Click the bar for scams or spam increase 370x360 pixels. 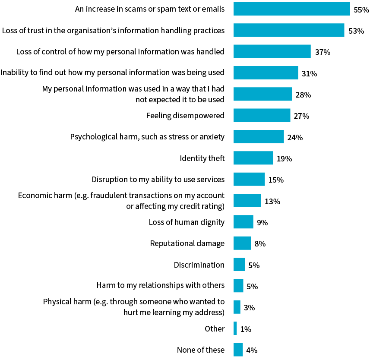pos(291,9)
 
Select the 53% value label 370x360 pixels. pos(357,31)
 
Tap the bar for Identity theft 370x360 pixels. pos(253,158)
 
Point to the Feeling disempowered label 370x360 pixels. pos(185,116)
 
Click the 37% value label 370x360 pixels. pos(323,52)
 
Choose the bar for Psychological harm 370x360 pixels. pos(258,137)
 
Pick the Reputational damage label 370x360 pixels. pos(187,243)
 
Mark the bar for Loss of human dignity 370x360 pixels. pos(243,222)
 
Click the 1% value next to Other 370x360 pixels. pos(246,329)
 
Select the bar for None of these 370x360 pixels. pos(238,350)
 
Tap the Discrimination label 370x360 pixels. pos(199,265)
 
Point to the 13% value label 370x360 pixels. pos(272,201)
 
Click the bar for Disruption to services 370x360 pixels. pos(249,179)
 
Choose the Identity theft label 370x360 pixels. pos(202,158)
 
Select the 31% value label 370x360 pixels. pos(309,74)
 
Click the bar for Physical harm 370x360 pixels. pos(237,307)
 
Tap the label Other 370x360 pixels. pos(215,329)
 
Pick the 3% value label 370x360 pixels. pos(249,308)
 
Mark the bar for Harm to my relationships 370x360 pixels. pos(238,286)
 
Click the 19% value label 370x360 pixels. pos(284,159)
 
